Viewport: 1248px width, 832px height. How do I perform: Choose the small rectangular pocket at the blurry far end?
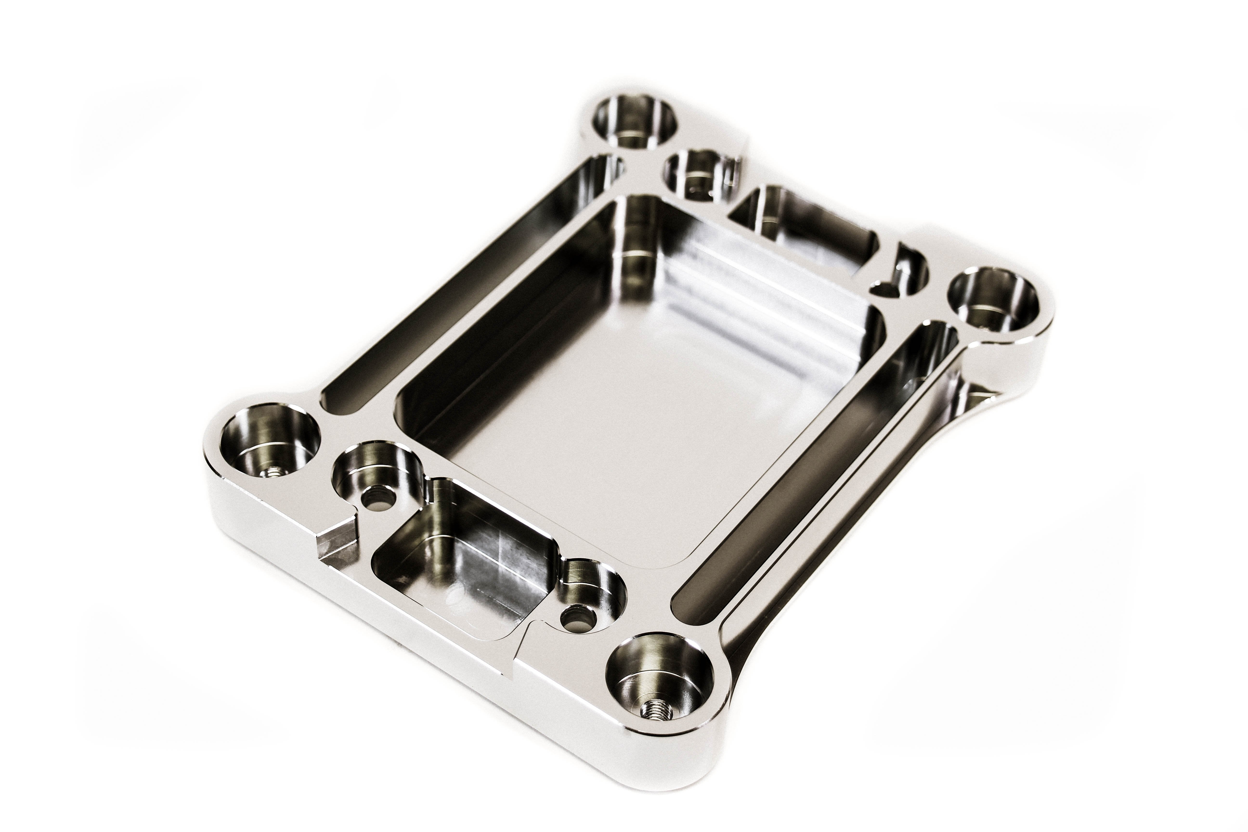coord(806,228)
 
